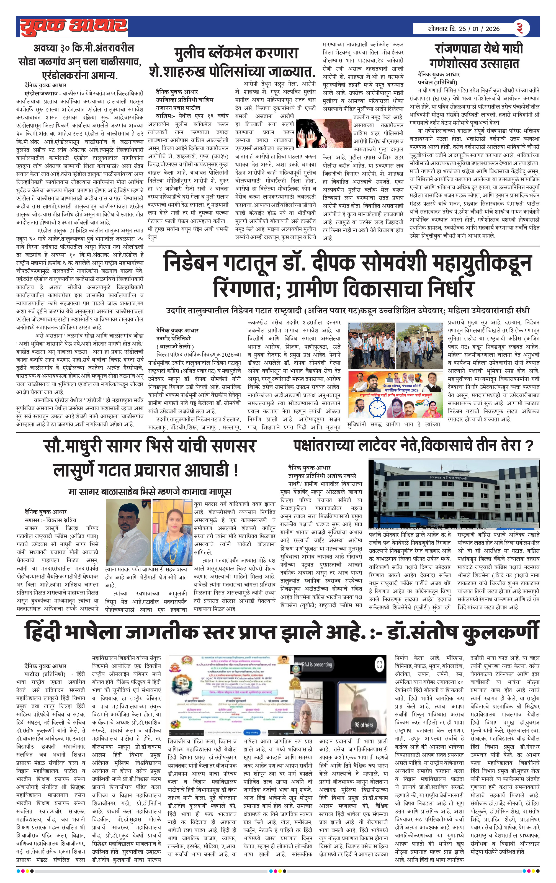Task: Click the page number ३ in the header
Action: (x=520, y=28)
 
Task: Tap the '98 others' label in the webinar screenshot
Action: (x=364, y=725)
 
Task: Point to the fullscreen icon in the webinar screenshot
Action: (x=380, y=664)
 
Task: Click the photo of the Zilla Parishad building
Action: (x=454, y=493)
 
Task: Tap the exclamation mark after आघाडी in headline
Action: (x=235, y=470)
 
